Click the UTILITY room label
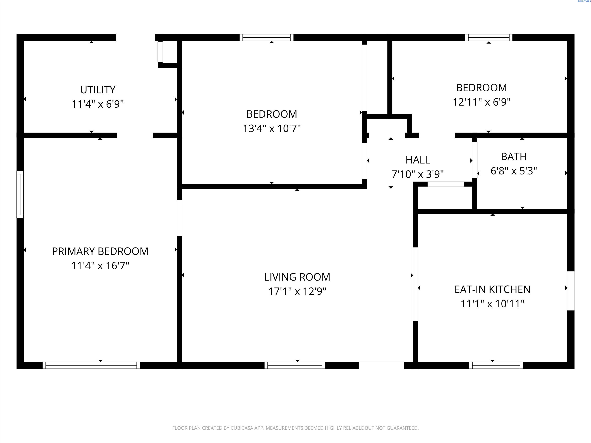(98, 90)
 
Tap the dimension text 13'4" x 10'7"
(272, 128)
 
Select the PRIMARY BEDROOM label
(100, 251)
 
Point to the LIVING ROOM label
(297, 277)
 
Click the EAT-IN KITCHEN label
(493, 289)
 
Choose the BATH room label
(514, 157)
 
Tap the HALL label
(418, 160)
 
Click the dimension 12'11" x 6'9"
(482, 102)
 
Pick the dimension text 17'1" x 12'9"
(297, 291)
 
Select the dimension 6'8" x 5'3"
(514, 171)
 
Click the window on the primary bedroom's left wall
(20, 194)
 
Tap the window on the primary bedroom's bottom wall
(91, 365)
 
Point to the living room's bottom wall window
(295, 365)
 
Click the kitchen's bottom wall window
(496, 365)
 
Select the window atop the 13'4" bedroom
(266, 37)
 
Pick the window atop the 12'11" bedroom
(489, 37)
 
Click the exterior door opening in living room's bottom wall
(381, 365)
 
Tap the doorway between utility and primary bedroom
(135, 135)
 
